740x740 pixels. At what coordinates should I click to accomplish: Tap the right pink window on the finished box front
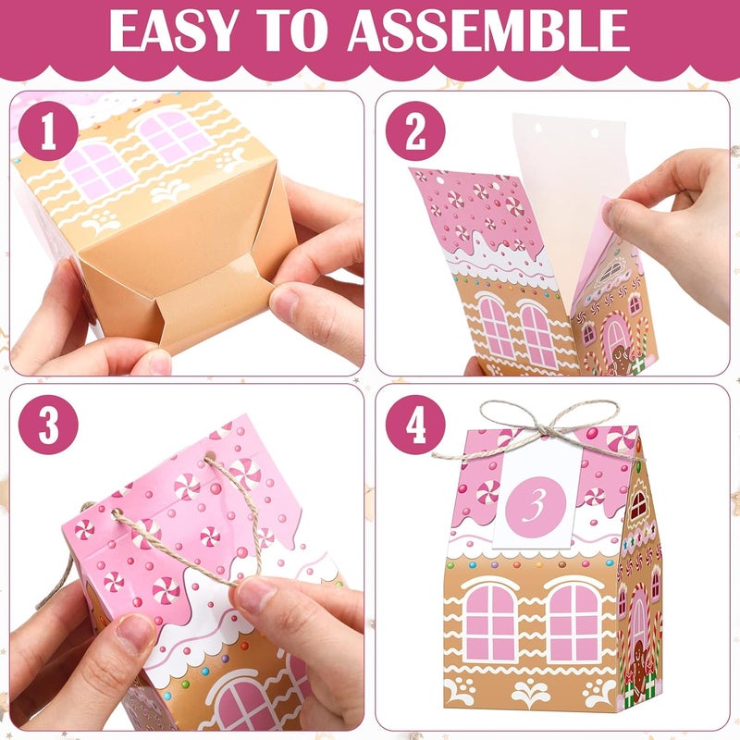tap(574, 623)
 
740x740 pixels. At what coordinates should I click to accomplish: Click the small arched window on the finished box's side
tap(638, 504)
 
